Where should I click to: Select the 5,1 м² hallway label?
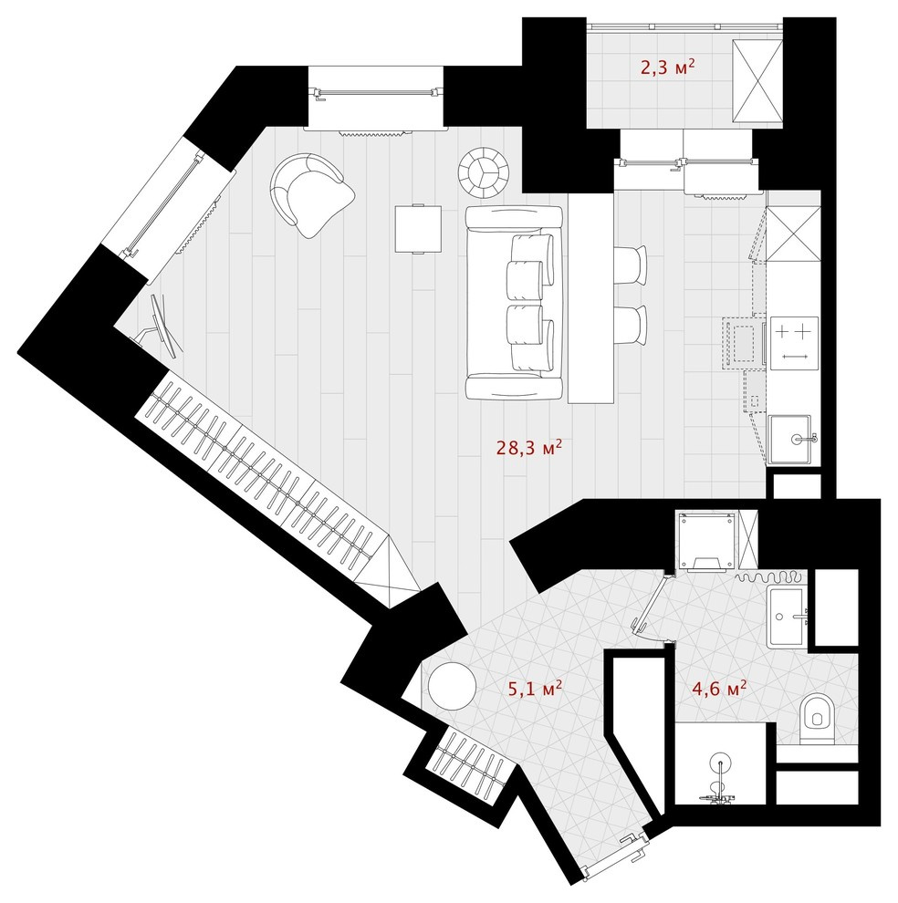pos(533,687)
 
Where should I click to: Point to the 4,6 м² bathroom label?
pos(720,688)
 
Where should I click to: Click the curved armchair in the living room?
pos(311,194)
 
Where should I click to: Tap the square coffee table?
pos(418,227)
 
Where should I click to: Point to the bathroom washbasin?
pos(786,615)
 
